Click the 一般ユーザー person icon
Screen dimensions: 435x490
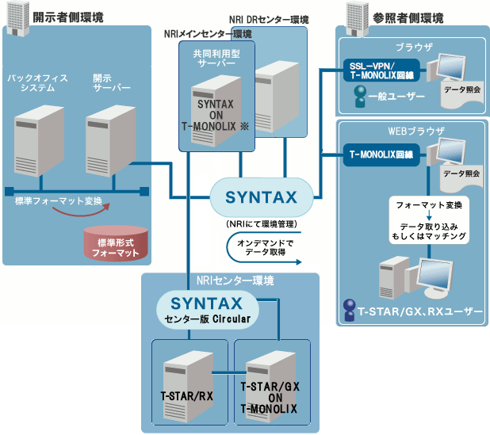click(x=360, y=97)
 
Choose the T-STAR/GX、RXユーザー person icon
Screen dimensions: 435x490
click(x=349, y=310)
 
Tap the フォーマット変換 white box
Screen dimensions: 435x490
click(x=428, y=204)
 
